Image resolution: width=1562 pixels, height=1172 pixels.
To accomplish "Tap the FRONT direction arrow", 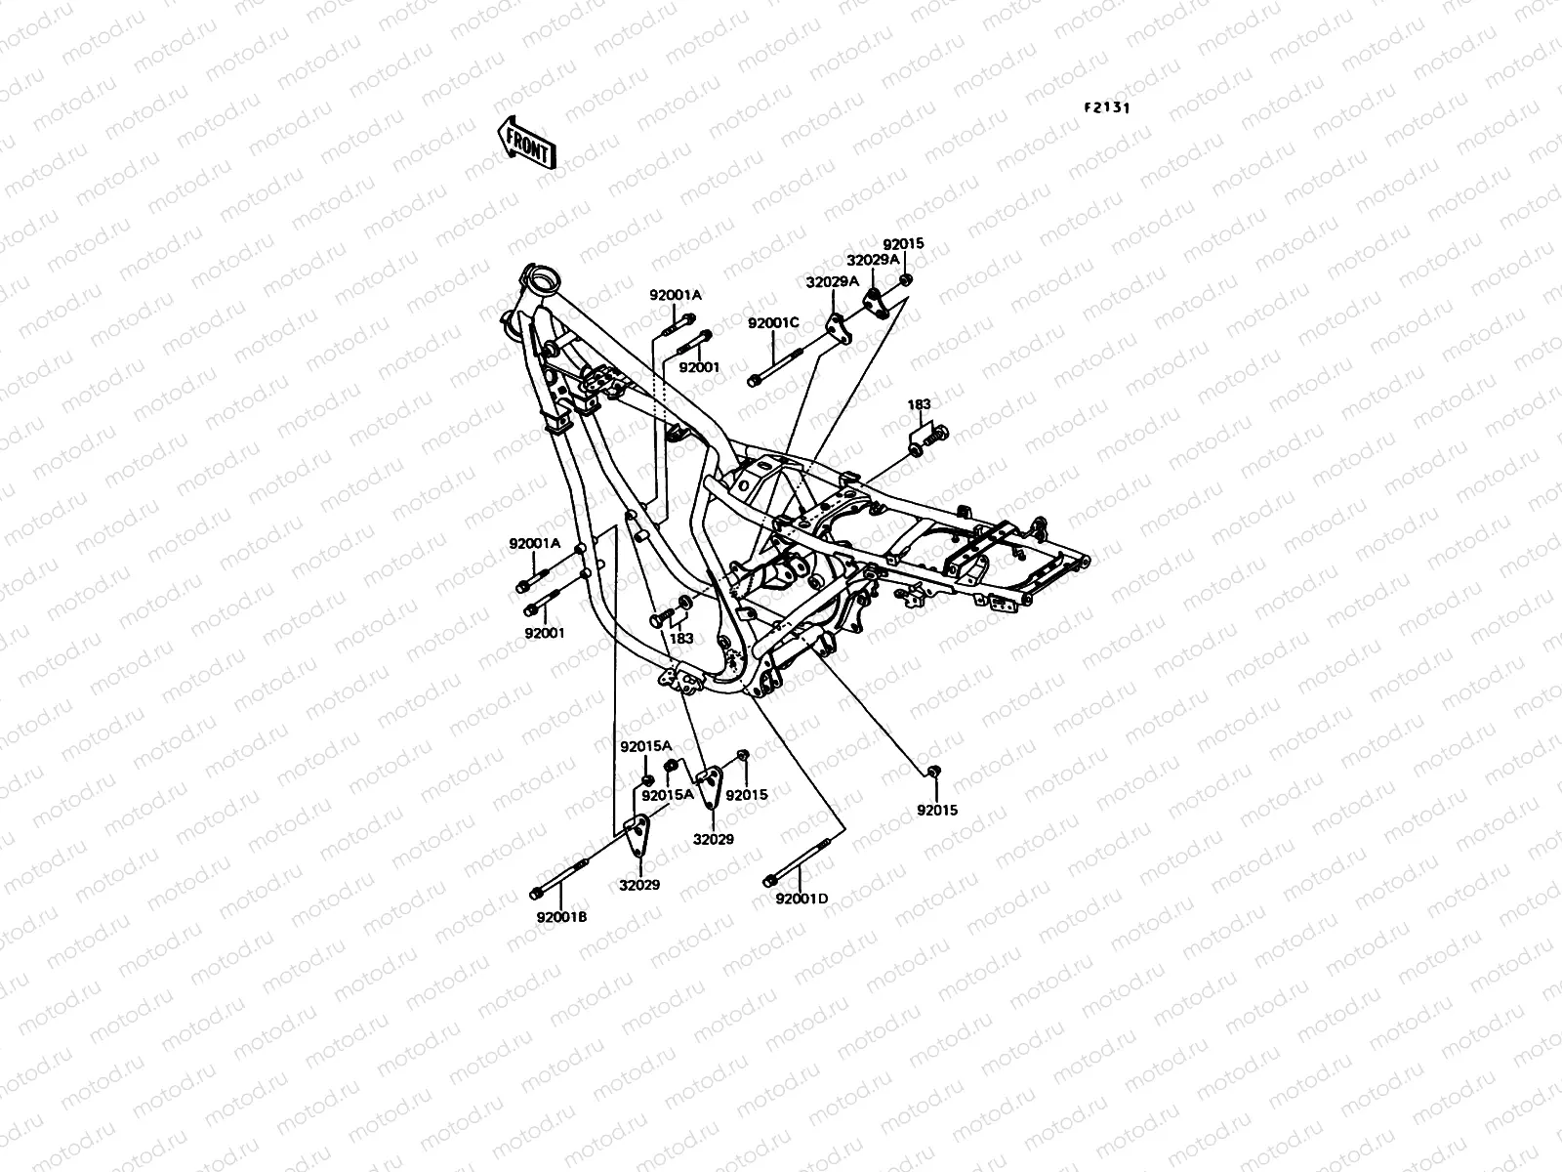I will point(526,145).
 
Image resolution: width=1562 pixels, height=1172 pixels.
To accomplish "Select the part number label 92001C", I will point(773,323).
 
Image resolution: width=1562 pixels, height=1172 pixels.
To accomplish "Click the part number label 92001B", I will point(561,916).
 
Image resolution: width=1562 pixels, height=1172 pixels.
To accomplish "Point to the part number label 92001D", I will point(802,899).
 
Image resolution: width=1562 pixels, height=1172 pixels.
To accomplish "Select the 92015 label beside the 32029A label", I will point(903,244).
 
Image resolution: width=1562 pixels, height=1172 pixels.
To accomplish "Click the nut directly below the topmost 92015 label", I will point(905,281).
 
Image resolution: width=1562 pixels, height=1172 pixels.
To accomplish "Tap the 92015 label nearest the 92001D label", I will point(936,811).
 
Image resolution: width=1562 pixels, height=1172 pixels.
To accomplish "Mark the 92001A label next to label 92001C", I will point(676,295).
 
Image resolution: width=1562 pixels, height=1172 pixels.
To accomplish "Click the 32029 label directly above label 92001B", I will point(638,885).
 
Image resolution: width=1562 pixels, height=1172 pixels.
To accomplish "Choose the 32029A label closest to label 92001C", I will point(832,281).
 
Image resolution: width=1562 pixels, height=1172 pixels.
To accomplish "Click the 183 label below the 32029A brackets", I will point(919,404).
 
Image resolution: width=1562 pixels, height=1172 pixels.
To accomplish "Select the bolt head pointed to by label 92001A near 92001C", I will point(688,318).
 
